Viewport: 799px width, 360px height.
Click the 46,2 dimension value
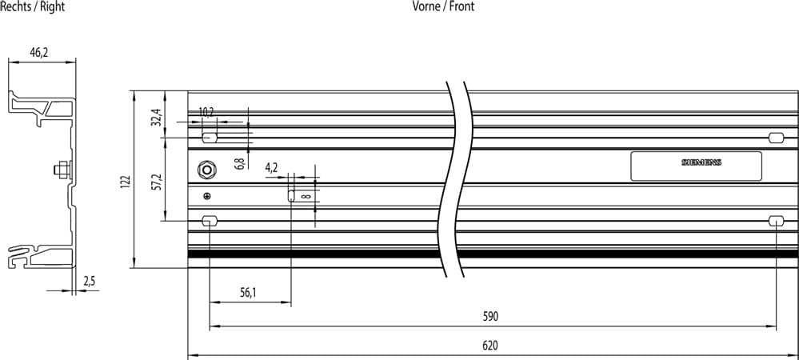pyautogui.click(x=38, y=53)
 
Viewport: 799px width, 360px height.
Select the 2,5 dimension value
pyautogui.click(x=89, y=282)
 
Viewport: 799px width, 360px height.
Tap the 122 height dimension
pyautogui.click(x=126, y=182)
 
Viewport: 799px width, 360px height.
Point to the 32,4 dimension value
pyautogui.click(x=158, y=117)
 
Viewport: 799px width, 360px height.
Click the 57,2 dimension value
pyautogui.click(x=158, y=182)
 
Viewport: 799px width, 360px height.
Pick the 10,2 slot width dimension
pyautogui.click(x=206, y=113)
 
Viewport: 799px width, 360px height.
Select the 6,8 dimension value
pyautogui.click(x=241, y=163)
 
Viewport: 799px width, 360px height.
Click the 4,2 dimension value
pyautogui.click(x=272, y=168)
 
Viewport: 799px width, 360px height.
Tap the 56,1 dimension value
pyautogui.click(x=248, y=292)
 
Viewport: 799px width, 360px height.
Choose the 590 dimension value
pyautogui.click(x=490, y=317)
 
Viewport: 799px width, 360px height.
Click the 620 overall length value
pyautogui.click(x=490, y=346)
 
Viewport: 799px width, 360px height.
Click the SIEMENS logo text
pyautogui.click(x=701, y=162)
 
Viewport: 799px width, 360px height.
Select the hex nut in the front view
pyautogui.click(x=206, y=170)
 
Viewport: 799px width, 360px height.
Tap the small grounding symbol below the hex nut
pyautogui.click(x=206, y=196)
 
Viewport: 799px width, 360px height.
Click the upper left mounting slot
pyautogui.click(x=210, y=138)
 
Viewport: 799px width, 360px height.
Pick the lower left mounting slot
pyautogui.click(x=210, y=221)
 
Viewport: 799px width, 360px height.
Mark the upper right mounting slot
pyautogui.click(x=776, y=137)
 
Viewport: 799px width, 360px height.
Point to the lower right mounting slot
pyautogui.click(x=776, y=221)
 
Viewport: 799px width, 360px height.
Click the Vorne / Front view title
pyautogui.click(x=443, y=6)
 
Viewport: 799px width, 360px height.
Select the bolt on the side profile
pyautogui.click(x=61, y=170)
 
